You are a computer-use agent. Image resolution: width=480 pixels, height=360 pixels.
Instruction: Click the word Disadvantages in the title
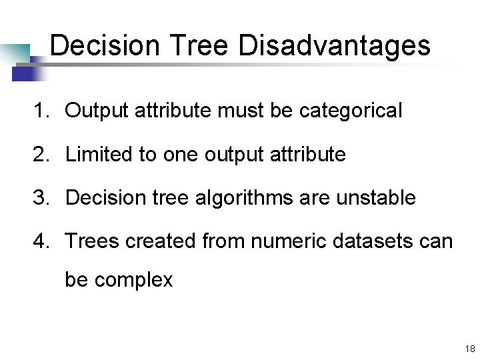click(334, 45)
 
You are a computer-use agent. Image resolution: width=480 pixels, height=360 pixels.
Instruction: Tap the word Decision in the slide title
click(105, 45)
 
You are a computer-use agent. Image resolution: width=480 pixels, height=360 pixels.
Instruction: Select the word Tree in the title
click(199, 45)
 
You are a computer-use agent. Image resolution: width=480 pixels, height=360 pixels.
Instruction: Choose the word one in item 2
click(180, 155)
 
